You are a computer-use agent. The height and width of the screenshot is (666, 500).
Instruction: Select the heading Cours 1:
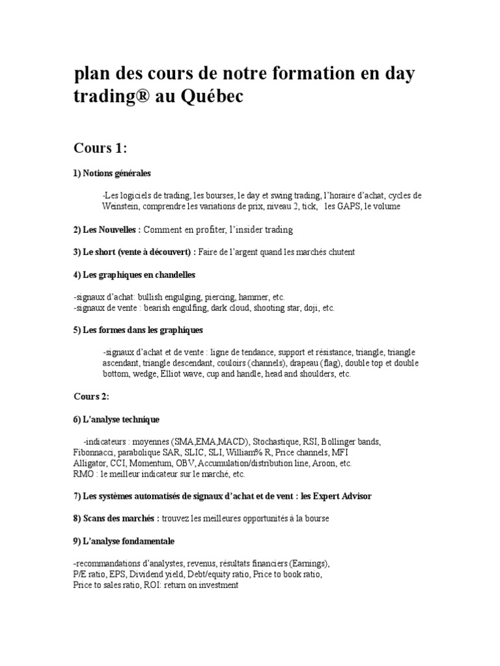(100, 149)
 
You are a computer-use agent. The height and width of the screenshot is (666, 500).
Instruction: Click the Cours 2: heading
(91, 397)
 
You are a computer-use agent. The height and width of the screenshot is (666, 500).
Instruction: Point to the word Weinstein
(122, 206)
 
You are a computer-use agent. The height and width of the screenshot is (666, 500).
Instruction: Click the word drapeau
(310, 362)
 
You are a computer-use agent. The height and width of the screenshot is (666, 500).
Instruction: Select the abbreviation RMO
(84, 474)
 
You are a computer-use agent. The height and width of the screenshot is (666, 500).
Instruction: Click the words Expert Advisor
(339, 497)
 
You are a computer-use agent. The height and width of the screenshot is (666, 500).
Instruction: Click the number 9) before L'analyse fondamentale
(77, 541)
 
